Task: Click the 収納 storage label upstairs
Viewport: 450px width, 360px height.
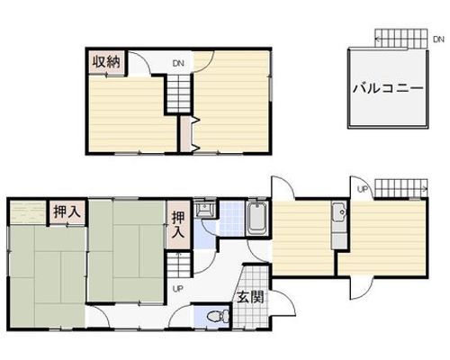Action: (x=106, y=62)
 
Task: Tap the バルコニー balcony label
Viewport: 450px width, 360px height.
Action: (x=388, y=88)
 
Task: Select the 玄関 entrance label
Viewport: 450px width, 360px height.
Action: (x=250, y=297)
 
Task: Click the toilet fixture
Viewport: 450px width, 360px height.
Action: (x=219, y=316)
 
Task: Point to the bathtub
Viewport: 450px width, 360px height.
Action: (x=256, y=218)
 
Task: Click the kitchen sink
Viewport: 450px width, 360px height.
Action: (x=339, y=212)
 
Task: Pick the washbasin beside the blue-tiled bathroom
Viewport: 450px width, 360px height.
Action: (x=205, y=208)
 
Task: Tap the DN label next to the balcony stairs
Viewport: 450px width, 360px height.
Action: (x=438, y=40)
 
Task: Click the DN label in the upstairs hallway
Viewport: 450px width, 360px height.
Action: (x=178, y=63)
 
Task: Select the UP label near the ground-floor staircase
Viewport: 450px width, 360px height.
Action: (x=177, y=289)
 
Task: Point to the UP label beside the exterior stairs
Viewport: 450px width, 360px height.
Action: (x=363, y=189)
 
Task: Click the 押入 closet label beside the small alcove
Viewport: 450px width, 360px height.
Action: (x=67, y=211)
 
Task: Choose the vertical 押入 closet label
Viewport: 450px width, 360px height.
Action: (x=178, y=225)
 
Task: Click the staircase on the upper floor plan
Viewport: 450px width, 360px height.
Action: (x=179, y=93)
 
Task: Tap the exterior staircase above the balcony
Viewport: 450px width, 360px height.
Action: (x=401, y=39)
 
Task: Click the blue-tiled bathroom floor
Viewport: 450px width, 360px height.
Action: (x=231, y=219)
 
